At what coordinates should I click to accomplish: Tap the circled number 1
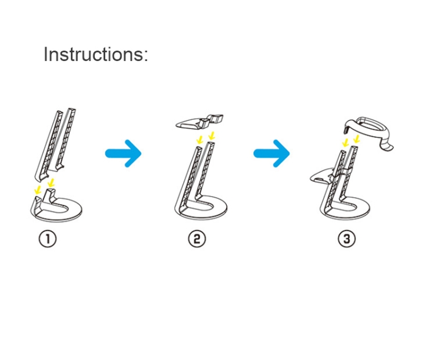47,239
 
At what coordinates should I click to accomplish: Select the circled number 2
197,239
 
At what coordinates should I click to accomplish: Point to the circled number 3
346,239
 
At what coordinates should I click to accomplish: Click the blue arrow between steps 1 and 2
123,154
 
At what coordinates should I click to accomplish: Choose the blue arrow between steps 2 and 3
271,154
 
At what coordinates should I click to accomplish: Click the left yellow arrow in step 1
38,190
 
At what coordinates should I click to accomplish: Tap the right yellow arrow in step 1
51,183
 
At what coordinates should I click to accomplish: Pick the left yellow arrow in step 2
199,140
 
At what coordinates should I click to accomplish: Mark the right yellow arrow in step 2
212,136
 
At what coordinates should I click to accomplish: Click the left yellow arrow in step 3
346,142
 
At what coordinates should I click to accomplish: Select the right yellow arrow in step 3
356,138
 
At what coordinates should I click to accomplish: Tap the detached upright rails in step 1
55,143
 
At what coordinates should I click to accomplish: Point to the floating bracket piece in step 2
199,122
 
